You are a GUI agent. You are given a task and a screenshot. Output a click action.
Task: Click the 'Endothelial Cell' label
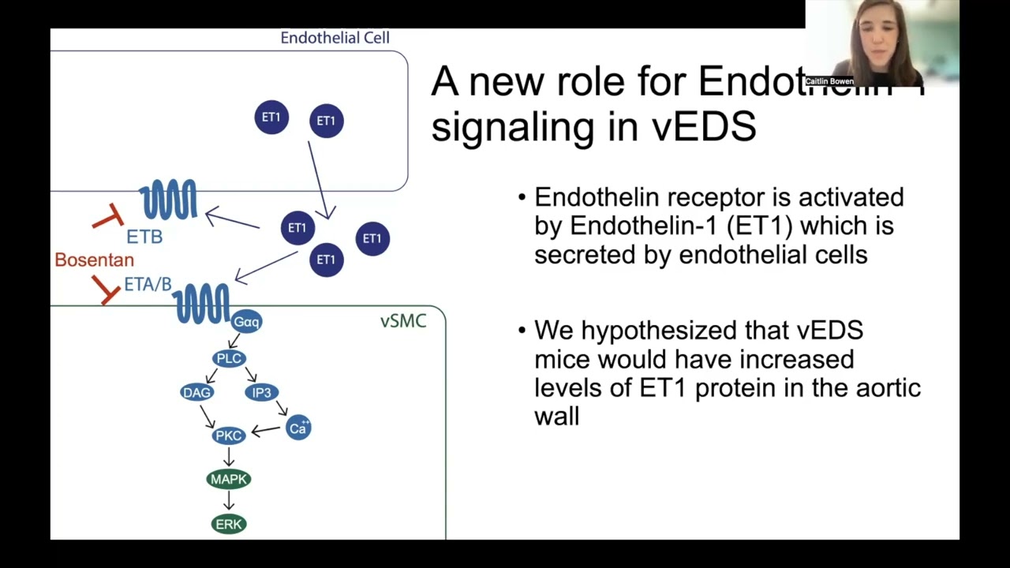(x=335, y=38)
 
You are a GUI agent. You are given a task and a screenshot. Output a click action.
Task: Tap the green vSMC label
(x=403, y=321)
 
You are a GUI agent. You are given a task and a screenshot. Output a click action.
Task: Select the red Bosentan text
(x=94, y=260)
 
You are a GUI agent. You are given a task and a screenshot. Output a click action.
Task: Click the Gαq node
(x=246, y=322)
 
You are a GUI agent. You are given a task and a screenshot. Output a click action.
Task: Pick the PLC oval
(x=229, y=359)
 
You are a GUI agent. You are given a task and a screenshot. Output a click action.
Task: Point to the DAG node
(x=196, y=392)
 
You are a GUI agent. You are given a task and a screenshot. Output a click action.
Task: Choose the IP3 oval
(x=261, y=392)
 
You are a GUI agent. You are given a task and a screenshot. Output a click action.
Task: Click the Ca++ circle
(x=298, y=428)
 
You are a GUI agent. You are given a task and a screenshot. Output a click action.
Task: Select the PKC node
(x=229, y=435)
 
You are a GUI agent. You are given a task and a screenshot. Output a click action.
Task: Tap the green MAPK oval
(x=229, y=479)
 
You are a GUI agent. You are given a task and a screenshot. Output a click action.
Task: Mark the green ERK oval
(x=229, y=524)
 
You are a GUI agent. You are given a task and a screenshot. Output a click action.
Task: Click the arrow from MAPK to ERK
(x=229, y=501)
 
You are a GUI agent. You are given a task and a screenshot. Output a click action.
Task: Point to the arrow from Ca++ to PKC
(x=266, y=431)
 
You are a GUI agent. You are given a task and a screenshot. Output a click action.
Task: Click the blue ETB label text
(x=144, y=237)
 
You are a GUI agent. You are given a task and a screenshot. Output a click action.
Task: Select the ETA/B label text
(x=148, y=285)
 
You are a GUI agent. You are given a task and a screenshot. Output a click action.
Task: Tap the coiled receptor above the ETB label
(x=168, y=200)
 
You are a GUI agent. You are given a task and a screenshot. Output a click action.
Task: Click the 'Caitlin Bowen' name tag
(x=829, y=81)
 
